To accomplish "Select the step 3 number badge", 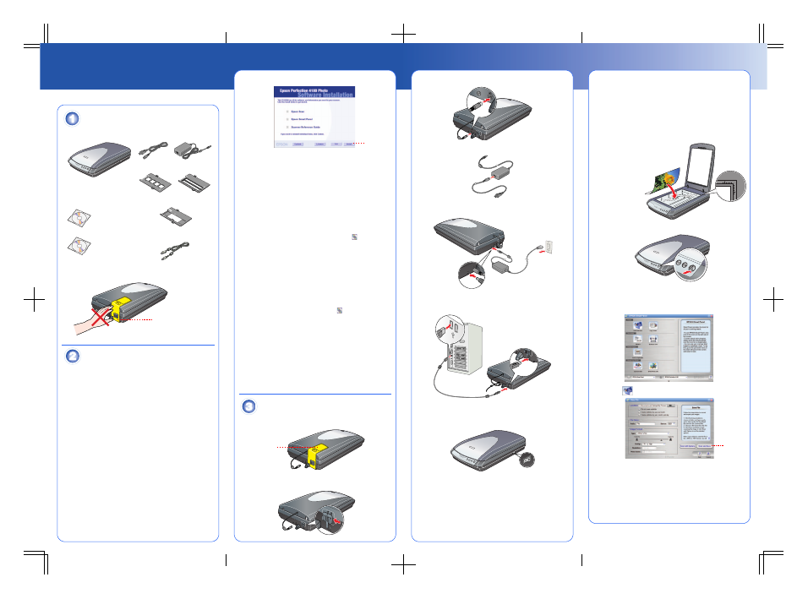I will pos(248,406).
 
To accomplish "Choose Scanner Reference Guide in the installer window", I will pos(307,127).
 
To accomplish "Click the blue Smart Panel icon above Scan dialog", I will pos(626,389).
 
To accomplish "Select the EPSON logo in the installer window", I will pos(281,144).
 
